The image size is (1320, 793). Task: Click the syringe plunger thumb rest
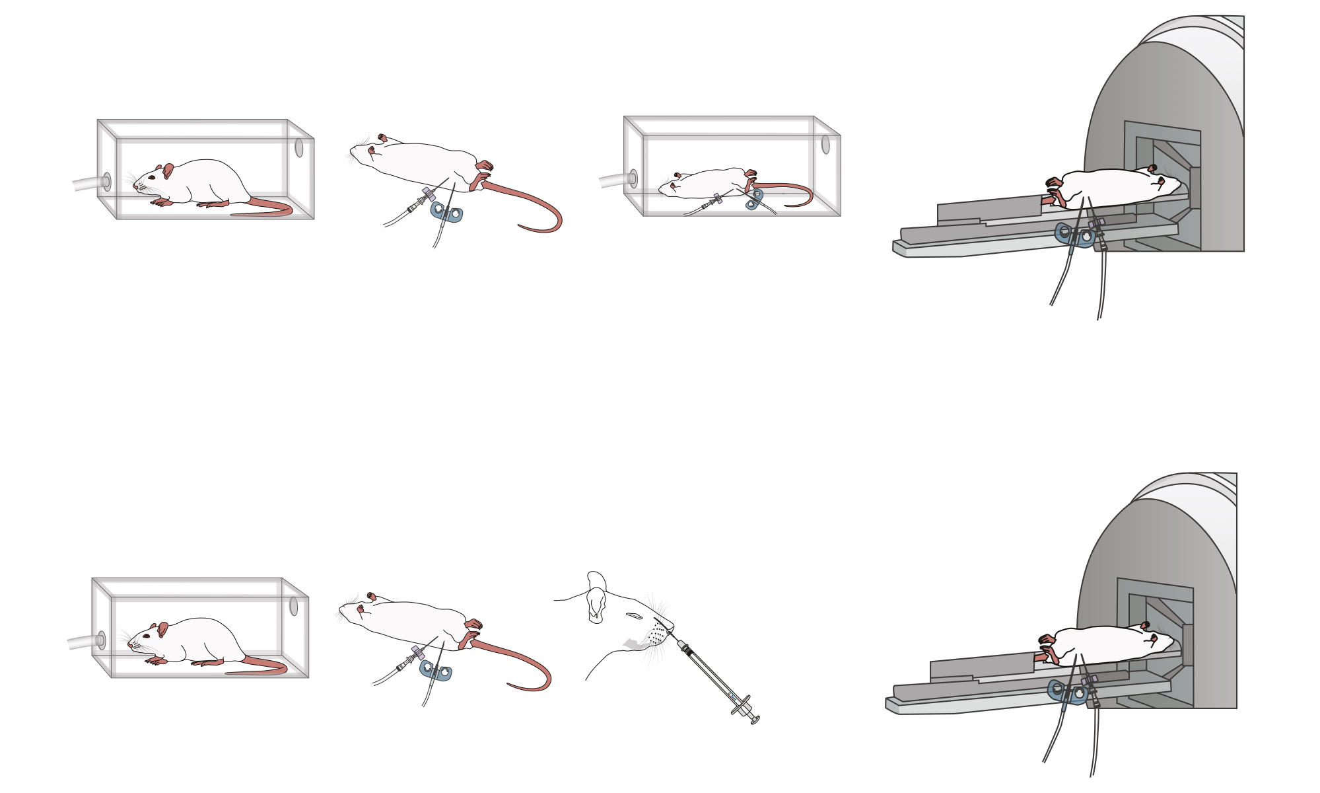click(755, 719)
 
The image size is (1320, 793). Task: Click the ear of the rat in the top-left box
click(168, 172)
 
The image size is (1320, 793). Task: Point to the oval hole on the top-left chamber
click(299, 147)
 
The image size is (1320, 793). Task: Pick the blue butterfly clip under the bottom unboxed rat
click(436, 671)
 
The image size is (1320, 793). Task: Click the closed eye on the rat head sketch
click(635, 616)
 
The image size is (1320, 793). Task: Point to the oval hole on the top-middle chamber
click(825, 144)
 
